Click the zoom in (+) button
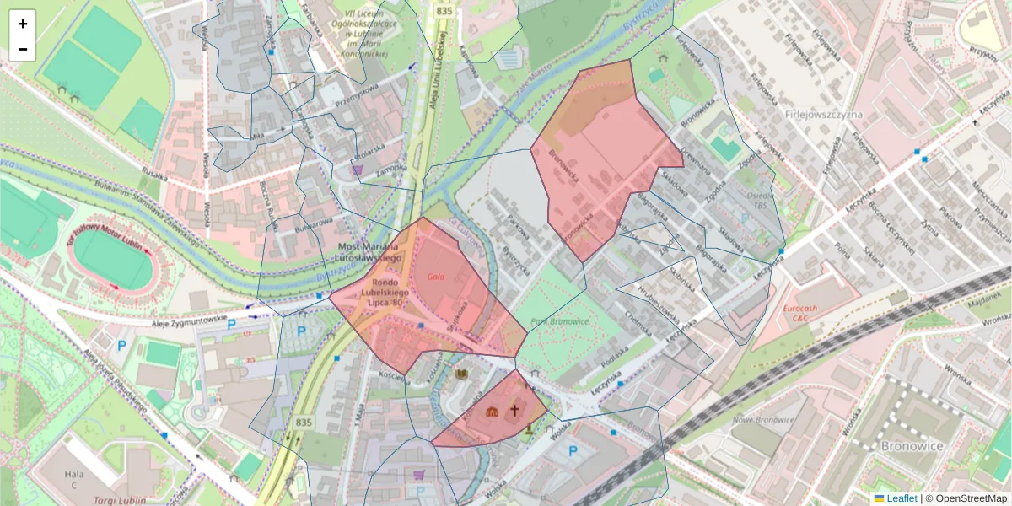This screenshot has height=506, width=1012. [x=23, y=24]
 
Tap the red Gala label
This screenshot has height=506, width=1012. [x=435, y=277]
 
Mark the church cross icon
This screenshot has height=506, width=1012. [x=514, y=412]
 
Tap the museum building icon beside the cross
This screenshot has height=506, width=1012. [x=493, y=412]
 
